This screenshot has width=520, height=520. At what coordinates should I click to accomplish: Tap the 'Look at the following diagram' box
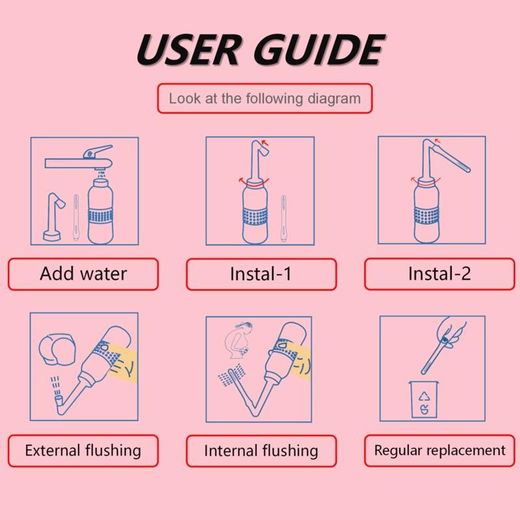point(264,99)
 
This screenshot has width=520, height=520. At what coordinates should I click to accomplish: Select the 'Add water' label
point(83,273)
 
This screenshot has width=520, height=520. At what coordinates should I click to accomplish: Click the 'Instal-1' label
point(261,274)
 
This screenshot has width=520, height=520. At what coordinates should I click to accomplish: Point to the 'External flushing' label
point(83,450)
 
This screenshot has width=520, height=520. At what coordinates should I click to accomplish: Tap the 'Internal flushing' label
point(261,450)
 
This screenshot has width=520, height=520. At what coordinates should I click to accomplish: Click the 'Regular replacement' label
point(439,450)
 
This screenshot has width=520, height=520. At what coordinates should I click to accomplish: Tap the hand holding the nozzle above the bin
point(451,331)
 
